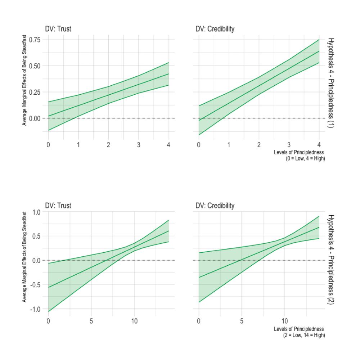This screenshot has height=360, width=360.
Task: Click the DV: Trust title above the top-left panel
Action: (58, 29)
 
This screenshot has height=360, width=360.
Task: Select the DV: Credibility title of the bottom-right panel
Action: (215, 206)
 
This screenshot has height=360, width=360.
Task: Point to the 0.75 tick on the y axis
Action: (35, 40)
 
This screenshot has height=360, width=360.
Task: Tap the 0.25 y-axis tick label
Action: (35, 92)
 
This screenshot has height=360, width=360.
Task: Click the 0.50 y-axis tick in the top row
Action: (35, 66)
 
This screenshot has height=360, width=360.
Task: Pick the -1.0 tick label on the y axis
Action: (36, 309)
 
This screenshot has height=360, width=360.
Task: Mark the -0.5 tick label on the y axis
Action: (36, 284)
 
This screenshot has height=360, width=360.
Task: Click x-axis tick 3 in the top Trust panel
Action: (139, 145)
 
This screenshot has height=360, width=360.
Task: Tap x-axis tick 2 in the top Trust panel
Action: (108, 145)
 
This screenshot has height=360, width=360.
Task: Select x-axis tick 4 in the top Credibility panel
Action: (319, 145)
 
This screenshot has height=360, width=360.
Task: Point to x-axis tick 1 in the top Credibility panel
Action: (229, 145)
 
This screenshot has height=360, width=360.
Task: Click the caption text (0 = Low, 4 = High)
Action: (305, 158)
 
